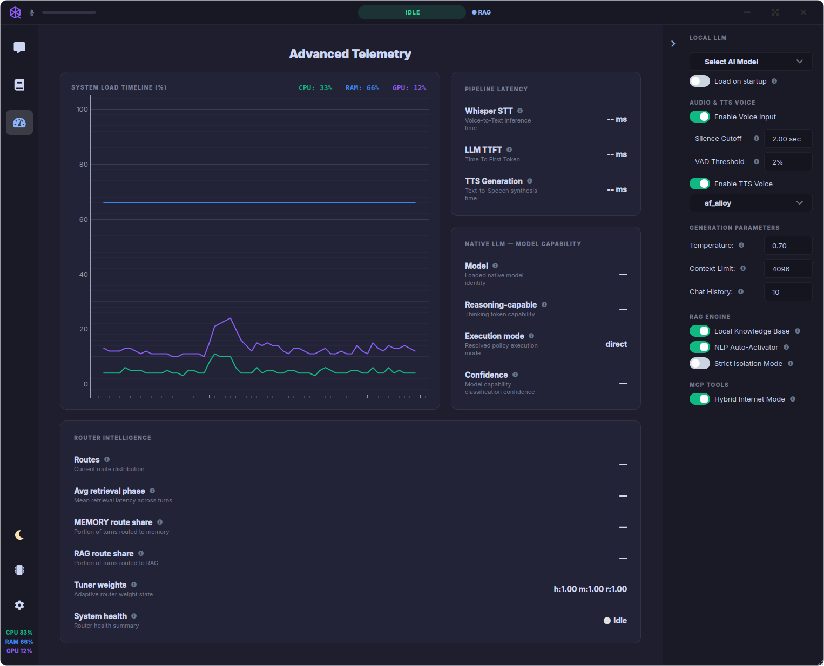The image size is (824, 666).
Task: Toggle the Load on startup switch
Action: [699, 81]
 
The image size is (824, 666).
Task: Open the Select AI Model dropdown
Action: [751, 62]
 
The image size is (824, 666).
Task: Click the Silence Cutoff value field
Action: [788, 139]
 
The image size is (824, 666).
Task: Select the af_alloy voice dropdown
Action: [751, 203]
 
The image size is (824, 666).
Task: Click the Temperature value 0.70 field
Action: [788, 246]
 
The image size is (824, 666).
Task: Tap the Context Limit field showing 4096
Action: [788, 269]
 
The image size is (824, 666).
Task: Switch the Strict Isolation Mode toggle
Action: [699, 363]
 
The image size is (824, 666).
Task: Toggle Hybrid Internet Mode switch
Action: [699, 399]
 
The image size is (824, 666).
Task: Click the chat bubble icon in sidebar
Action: [19, 47]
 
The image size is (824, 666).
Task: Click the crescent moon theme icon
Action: [19, 535]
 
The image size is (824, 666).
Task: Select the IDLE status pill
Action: [411, 12]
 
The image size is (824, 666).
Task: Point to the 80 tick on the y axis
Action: [84, 164]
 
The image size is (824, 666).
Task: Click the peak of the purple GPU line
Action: [231, 318]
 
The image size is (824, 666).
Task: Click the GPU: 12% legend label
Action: [409, 88]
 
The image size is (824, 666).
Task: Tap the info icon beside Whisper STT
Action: [520, 111]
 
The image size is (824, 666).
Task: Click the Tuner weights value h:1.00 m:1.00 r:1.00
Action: [590, 589]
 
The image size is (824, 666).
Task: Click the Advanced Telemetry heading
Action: [350, 54]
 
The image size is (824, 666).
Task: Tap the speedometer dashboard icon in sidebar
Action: [19, 123]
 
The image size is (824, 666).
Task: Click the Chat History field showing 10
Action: [788, 292]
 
